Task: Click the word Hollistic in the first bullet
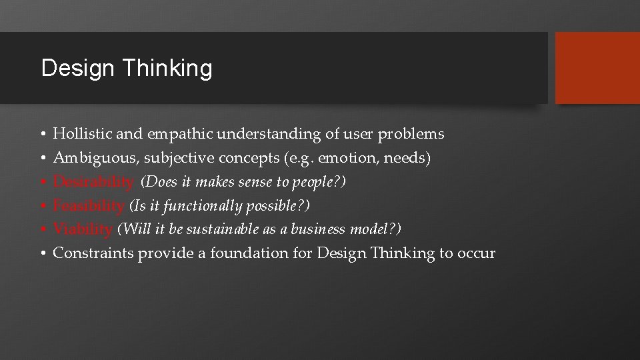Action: pyautogui.click(x=82, y=134)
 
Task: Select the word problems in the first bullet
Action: pyautogui.click(x=411, y=135)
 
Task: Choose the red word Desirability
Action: pyautogui.click(x=93, y=182)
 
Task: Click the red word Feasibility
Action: pyautogui.click(x=88, y=206)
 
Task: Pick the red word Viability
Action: pyautogui.click(x=83, y=230)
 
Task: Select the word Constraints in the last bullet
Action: pyautogui.click(x=93, y=254)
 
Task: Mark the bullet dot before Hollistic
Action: pyautogui.click(x=43, y=135)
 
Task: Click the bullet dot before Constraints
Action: pyautogui.click(x=43, y=254)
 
